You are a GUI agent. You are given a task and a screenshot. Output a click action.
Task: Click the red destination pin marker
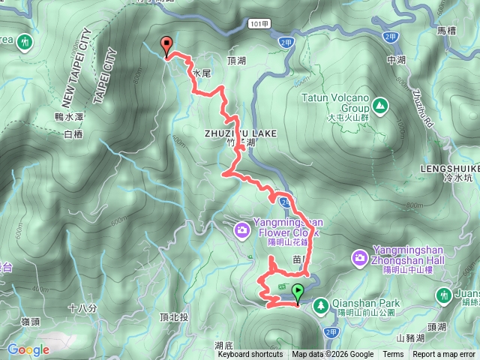166,46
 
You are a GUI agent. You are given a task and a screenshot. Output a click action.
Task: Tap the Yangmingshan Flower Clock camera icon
242,228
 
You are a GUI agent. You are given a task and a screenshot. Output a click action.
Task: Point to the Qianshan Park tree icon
320,304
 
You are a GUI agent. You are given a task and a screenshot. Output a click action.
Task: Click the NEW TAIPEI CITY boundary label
77,67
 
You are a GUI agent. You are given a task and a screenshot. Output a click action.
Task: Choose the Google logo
28,349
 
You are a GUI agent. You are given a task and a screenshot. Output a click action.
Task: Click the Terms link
393,355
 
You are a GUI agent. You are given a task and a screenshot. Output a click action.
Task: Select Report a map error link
444,355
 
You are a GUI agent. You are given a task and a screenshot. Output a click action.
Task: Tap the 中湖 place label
397,59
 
